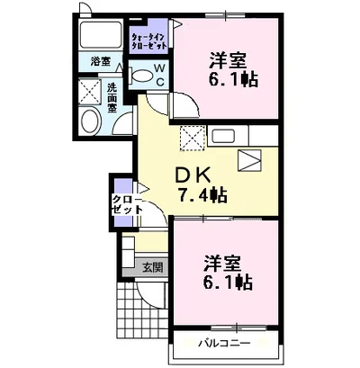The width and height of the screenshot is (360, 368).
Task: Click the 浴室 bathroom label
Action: click(101, 62)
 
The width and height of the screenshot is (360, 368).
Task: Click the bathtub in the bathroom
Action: click(102, 36)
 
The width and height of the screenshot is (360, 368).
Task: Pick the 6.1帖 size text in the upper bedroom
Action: click(236, 78)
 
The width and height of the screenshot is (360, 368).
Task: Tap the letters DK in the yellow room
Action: click(191, 175)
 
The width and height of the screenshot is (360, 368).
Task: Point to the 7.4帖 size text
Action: click(202, 194)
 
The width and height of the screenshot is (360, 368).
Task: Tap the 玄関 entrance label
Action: click(152, 266)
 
